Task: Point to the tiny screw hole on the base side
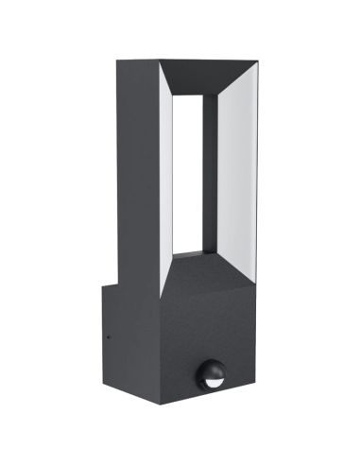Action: (x=107, y=333)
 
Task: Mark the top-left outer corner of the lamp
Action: (x=116, y=62)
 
